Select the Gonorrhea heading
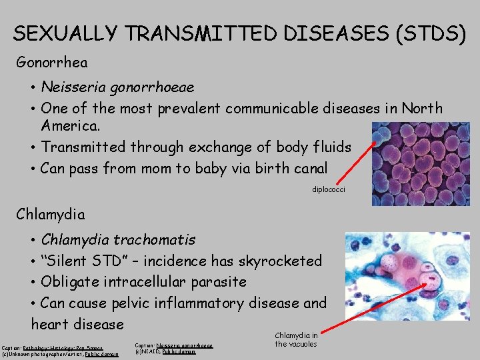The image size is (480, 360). [52, 63]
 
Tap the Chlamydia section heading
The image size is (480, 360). [51, 214]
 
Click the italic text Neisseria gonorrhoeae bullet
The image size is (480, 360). [117, 87]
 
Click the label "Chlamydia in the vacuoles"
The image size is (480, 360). [296, 339]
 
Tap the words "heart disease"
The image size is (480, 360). [78, 325]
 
